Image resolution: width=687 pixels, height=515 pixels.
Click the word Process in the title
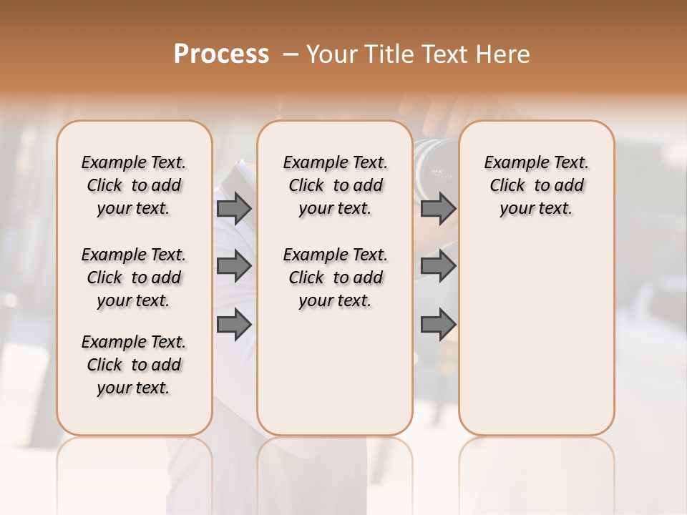(221, 54)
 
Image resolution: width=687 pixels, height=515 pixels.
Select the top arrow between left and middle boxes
(234, 208)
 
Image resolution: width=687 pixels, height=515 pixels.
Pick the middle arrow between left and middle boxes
(234, 266)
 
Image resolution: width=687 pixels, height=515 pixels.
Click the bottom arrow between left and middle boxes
(234, 325)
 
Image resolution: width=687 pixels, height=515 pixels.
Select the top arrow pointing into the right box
(438, 208)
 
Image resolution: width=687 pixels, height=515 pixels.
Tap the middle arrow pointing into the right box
(438, 266)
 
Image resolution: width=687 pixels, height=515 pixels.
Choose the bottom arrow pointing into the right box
(438, 325)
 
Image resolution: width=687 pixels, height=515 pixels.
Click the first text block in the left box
(134, 185)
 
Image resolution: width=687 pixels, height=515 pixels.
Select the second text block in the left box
(134, 278)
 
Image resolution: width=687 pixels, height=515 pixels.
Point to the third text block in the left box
(134, 365)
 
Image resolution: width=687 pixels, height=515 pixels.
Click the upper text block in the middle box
(336, 185)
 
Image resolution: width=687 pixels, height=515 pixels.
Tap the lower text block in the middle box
(336, 278)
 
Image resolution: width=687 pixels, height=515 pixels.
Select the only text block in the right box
(537, 185)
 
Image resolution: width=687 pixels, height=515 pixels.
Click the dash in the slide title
(290, 54)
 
